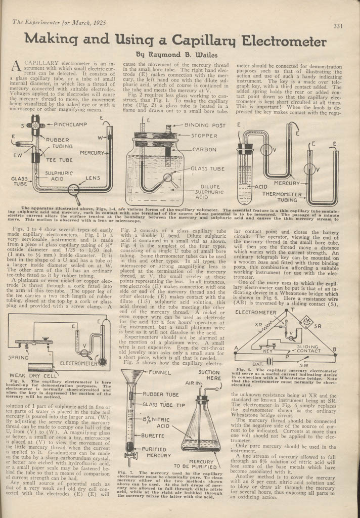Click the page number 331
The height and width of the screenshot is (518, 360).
pyautogui.click(x=338, y=26)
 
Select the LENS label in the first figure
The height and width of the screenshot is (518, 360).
pyautogui.click(x=93, y=178)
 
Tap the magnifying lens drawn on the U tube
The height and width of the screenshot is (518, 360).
pyautogui.click(x=74, y=190)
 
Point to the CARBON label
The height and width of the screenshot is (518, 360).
pyautogui.click(x=205, y=150)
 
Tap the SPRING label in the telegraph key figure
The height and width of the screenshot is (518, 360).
pyautogui.click(x=19, y=357)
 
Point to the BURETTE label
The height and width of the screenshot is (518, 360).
pyautogui.click(x=155, y=435)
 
